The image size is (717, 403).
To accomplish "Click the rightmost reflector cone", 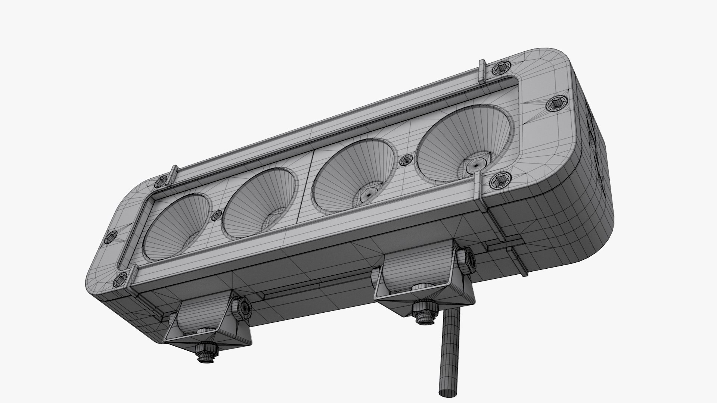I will [x=463, y=144].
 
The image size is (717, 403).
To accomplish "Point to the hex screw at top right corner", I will [x=499, y=69].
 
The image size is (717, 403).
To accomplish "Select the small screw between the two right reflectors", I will [x=405, y=161].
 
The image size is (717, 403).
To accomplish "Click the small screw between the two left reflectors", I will [x=217, y=215].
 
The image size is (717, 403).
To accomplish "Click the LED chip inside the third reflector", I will [x=369, y=194].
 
